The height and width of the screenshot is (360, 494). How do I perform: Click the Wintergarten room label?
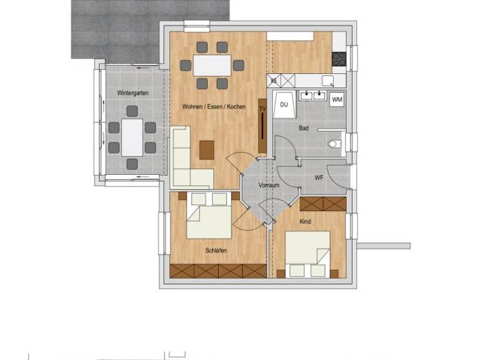[133, 93]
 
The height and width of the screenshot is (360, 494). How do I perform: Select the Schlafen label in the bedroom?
[215, 251]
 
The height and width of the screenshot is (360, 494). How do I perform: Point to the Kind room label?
[306, 222]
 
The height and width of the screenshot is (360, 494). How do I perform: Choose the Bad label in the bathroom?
[304, 129]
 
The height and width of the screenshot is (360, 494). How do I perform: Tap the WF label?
[318, 177]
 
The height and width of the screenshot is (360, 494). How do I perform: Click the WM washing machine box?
[337, 100]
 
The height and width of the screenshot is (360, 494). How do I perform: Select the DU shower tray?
[284, 105]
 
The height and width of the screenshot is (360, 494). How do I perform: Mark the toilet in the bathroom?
[335, 144]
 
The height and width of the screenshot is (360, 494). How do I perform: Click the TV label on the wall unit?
[262, 110]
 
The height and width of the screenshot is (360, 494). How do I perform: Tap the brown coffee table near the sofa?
[206, 149]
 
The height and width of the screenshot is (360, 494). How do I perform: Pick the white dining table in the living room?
[212, 65]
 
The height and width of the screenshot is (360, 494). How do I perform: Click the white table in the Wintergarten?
[132, 137]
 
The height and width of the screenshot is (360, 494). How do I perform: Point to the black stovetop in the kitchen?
[339, 59]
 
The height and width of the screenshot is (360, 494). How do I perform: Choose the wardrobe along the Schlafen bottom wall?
[218, 271]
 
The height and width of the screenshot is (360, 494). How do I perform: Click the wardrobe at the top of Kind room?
[323, 204]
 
